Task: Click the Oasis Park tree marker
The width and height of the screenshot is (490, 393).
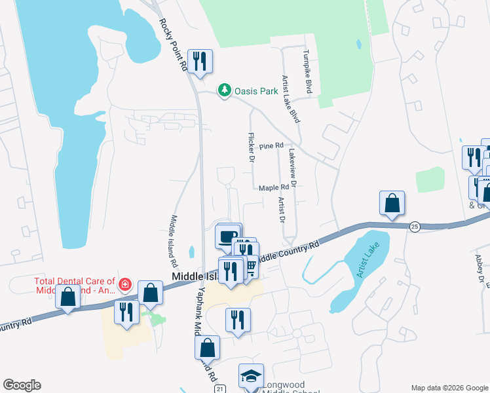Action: pos(225,90)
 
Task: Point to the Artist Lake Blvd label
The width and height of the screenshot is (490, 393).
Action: pos(290,98)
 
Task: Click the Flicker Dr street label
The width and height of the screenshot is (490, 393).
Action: pos(251,147)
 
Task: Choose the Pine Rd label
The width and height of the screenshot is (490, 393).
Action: pos(271,146)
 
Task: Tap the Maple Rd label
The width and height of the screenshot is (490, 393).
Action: pos(273,188)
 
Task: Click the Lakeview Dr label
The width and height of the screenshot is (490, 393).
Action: pos(292,168)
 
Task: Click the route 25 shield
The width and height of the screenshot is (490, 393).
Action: pos(414,226)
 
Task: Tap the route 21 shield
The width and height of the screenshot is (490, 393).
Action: pos(220,389)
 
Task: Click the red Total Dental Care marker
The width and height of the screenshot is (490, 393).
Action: pos(124,284)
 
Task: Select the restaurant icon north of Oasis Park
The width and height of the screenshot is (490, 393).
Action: pos(200,62)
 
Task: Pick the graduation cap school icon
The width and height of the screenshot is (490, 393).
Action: pos(251,375)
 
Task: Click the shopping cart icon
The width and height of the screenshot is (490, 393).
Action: pos(250,267)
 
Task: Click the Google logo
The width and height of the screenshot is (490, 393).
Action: pos(22,385)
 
